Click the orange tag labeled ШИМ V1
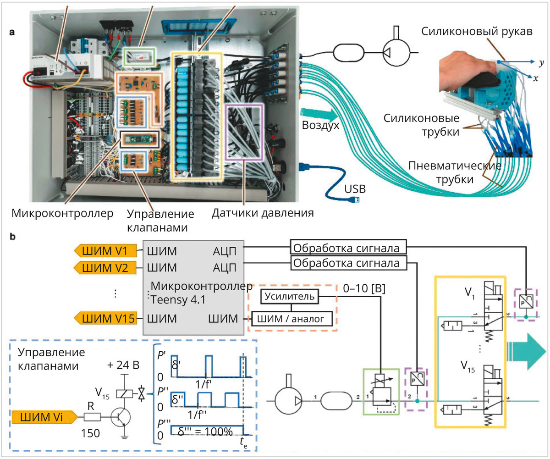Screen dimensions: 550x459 [x=105, y=250]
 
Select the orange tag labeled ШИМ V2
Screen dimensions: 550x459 [x=105, y=268]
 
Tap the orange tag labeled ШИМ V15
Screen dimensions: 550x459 [x=105, y=318]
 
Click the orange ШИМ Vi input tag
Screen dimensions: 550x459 [x=45, y=417]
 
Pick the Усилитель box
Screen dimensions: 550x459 [x=289, y=296]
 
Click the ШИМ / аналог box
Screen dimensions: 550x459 [x=291, y=319]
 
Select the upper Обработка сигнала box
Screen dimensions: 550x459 [x=348, y=247]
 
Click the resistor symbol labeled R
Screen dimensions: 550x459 [x=92, y=417]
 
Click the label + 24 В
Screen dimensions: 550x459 [x=123, y=365]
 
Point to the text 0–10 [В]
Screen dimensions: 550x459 [x=364, y=288]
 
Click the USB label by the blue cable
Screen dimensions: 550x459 [x=355, y=189]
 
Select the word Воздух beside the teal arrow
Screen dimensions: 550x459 [x=320, y=126]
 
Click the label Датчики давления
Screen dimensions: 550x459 [x=263, y=213]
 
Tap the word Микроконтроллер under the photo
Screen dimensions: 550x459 [x=62, y=213]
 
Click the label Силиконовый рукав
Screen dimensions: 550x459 [x=477, y=32]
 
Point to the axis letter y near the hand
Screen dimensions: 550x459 [x=541, y=63]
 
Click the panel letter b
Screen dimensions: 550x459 [x=12, y=236]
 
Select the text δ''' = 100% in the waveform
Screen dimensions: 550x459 [x=205, y=431]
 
